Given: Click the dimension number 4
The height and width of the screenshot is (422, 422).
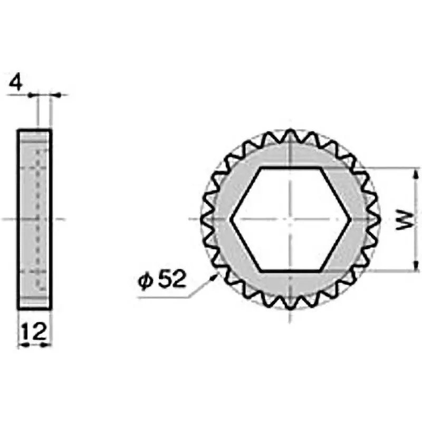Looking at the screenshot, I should (x=17, y=84).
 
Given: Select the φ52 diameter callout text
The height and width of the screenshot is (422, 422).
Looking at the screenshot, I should (x=163, y=280).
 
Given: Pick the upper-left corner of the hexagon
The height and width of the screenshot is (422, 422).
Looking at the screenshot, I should (x=260, y=168).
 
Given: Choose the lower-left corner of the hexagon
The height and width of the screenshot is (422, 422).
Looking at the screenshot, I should (x=260, y=271).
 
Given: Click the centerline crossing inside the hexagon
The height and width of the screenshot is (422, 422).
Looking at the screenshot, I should (x=290, y=219).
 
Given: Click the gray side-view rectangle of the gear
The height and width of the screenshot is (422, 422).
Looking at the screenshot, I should (x=35, y=219).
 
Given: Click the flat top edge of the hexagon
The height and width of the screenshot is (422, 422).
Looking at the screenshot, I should (x=290, y=168).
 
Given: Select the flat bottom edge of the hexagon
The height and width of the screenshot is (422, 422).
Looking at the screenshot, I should (x=290, y=271).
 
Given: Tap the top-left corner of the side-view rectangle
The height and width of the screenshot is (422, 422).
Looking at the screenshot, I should (x=18, y=130).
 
